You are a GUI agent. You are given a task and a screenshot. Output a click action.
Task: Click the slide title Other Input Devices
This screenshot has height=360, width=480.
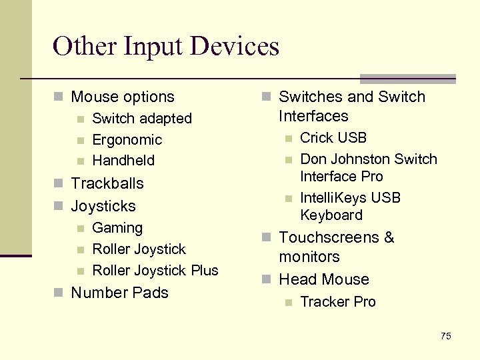[166, 47]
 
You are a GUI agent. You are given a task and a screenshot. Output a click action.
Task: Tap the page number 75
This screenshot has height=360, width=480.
[445, 336]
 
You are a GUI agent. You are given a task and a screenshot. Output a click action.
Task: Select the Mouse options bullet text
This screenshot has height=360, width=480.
[122, 97]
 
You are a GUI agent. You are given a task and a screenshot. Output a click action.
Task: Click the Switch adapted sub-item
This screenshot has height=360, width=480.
[141, 119]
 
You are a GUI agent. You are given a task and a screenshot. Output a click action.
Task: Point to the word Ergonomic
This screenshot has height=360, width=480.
[127, 140]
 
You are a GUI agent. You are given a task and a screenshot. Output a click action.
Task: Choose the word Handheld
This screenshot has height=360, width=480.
[123, 161]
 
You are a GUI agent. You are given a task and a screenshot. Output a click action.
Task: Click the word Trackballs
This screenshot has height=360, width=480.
[107, 183]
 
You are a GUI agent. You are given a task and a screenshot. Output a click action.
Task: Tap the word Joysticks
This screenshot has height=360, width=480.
[103, 206]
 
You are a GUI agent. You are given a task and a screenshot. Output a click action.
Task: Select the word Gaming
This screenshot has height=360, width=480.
[117, 228]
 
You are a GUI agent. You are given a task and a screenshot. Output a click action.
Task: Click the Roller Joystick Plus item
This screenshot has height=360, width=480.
[155, 271]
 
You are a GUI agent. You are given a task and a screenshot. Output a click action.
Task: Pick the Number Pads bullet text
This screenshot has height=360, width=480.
[119, 293]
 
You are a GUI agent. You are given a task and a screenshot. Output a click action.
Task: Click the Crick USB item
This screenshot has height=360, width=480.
[333, 138]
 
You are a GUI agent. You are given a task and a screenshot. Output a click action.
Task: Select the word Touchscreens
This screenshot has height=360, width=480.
[330, 237]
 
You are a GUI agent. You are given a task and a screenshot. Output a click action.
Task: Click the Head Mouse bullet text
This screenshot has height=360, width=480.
[323, 279]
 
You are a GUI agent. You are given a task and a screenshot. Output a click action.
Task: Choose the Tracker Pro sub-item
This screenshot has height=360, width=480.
[338, 302]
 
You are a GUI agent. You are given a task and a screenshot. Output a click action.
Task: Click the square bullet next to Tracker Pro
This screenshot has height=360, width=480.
[288, 303]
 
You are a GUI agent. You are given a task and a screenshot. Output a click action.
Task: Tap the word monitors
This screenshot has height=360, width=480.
[309, 257]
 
